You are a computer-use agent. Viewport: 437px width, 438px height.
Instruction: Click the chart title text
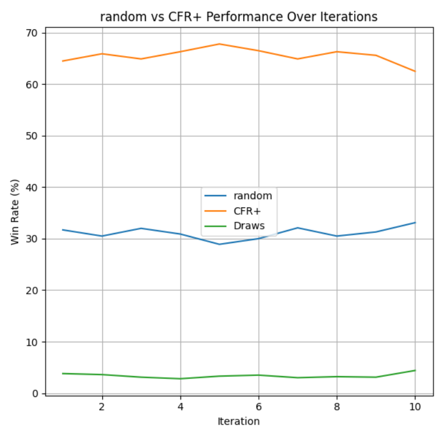coord(238,17)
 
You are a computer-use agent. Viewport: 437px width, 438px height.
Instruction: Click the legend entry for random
coord(252,196)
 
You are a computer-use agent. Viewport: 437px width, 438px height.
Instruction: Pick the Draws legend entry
coord(251,225)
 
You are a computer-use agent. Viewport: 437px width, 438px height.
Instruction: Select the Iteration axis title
coord(238,420)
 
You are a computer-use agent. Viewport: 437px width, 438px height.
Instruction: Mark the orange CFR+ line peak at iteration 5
coord(220,44)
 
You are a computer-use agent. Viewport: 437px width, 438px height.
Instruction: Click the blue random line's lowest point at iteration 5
coord(220,244)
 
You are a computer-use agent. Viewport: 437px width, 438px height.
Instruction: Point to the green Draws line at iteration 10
coord(415,370)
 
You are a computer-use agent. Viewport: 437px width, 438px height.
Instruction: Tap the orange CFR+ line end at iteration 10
coord(415,71)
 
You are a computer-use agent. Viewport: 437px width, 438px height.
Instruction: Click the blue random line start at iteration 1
coord(63,230)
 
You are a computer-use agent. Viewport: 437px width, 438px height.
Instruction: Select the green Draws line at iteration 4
coord(181,378)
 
